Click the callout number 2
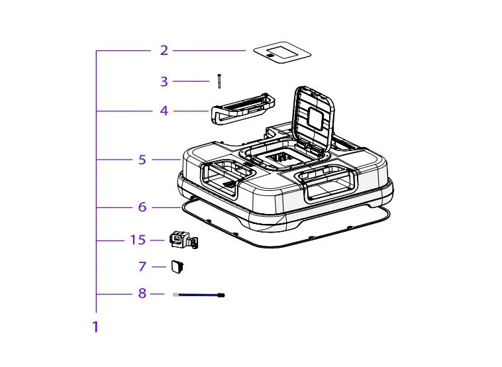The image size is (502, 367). click(164, 50)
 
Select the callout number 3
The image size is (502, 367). click(164, 81)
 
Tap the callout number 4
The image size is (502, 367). click(164, 111)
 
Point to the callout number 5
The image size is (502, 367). click(142, 160)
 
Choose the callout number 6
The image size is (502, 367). click(142, 207)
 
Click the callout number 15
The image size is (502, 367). click(138, 240)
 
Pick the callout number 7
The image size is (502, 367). click(142, 266)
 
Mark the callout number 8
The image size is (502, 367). click(142, 293)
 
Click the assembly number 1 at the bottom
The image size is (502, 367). click(95, 327)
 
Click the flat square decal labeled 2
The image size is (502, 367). click(282, 52)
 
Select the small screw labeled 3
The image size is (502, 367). click(219, 81)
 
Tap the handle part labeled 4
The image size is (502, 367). click(242, 108)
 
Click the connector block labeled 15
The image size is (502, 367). click(183, 239)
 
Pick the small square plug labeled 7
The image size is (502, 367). click(178, 266)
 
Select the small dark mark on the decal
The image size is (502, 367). click(271, 56)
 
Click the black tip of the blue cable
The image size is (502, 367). click(221, 295)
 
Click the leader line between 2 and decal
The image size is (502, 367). click(209, 50)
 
